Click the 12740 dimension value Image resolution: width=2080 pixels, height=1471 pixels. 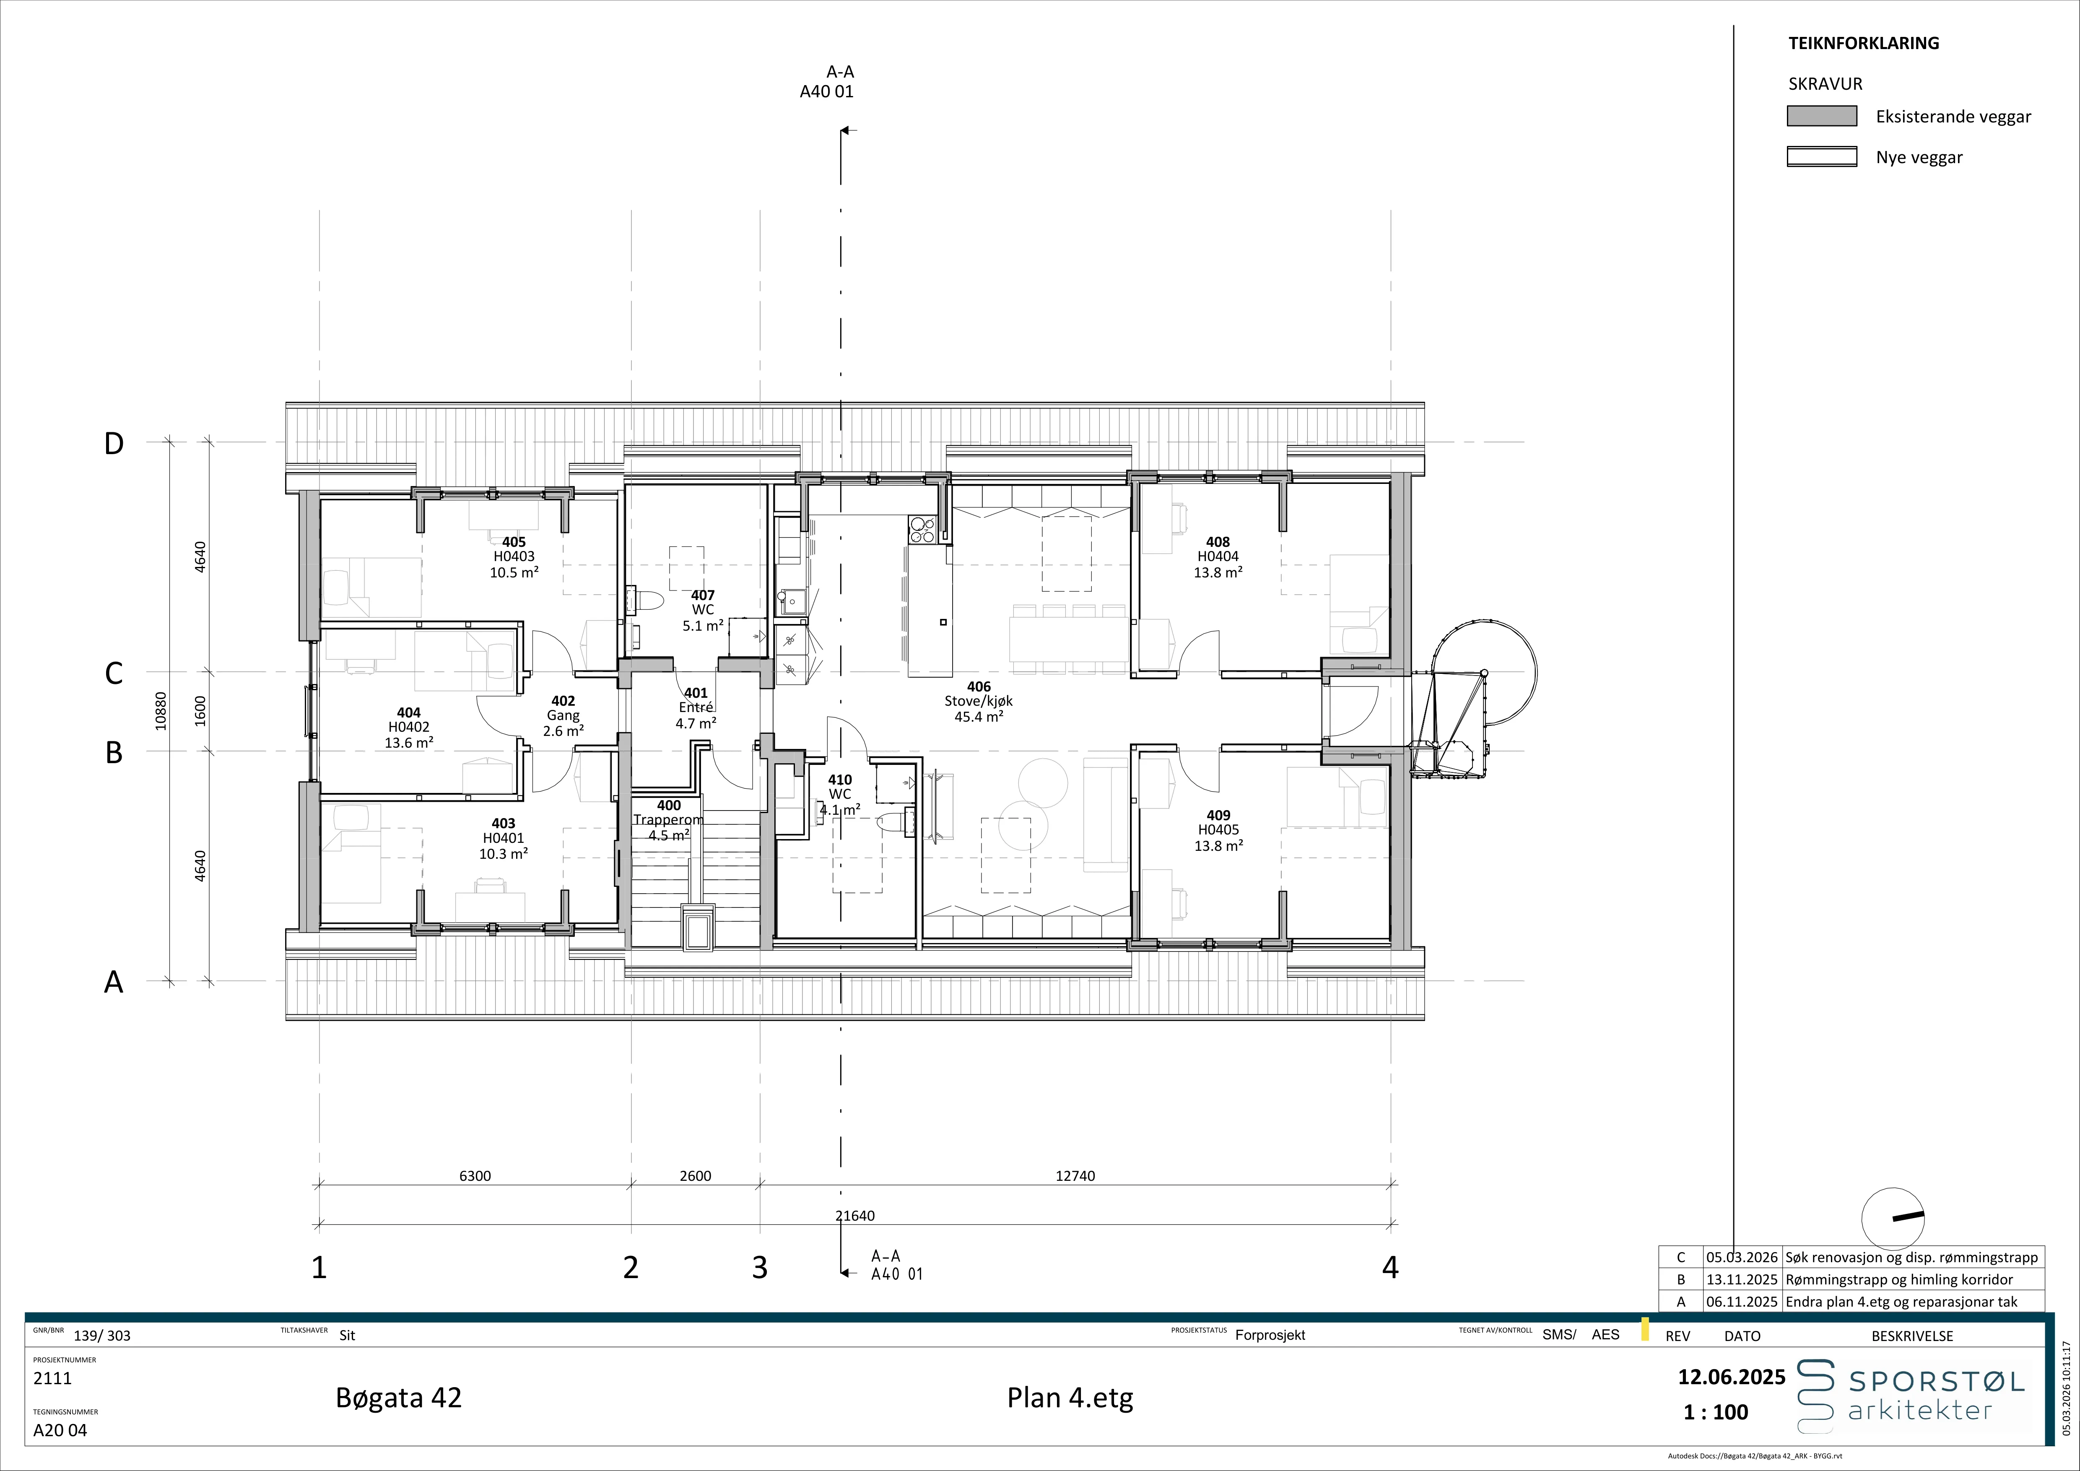point(1075,1176)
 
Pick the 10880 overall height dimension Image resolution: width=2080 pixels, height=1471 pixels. point(161,711)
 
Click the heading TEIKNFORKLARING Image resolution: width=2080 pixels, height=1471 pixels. point(1864,43)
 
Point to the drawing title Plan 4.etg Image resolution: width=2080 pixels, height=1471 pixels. point(1070,1398)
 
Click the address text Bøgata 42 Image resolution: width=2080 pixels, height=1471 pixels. point(399,1398)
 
